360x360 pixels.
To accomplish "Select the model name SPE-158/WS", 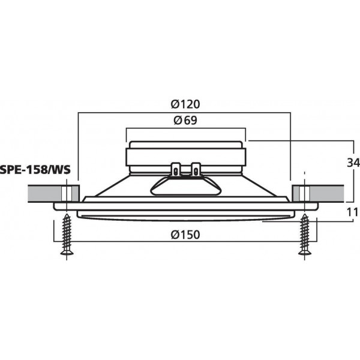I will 35,170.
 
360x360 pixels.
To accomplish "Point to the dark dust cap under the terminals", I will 185,186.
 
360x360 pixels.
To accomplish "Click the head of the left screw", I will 66,252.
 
